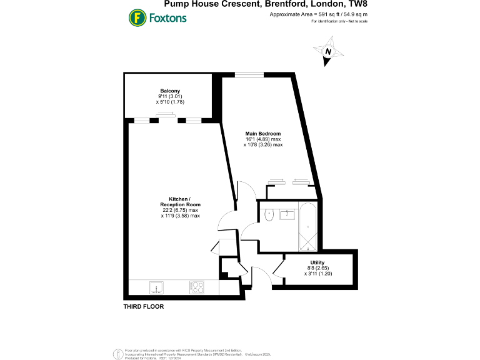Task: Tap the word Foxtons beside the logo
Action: (167, 17)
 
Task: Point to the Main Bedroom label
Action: (263, 134)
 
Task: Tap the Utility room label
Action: (317, 262)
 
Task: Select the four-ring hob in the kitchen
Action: (196, 287)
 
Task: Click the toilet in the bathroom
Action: (269, 214)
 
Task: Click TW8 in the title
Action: (357, 5)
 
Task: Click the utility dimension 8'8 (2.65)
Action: (317, 268)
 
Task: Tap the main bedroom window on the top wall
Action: (244, 75)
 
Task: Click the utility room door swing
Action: (279, 267)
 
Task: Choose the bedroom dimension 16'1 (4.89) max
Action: (263, 139)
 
